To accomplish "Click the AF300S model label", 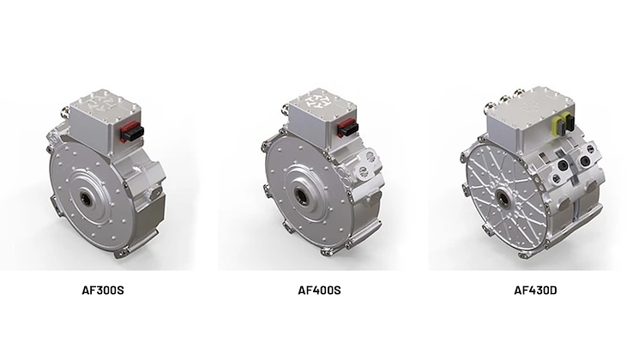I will pyautogui.click(x=104, y=290).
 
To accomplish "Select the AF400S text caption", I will pyautogui.click(x=319, y=290).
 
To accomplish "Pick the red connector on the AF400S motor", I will pyautogui.click(x=347, y=128).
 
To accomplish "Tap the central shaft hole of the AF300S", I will pyautogui.click(x=89, y=198).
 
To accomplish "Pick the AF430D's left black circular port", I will pyautogui.click(x=564, y=160).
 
